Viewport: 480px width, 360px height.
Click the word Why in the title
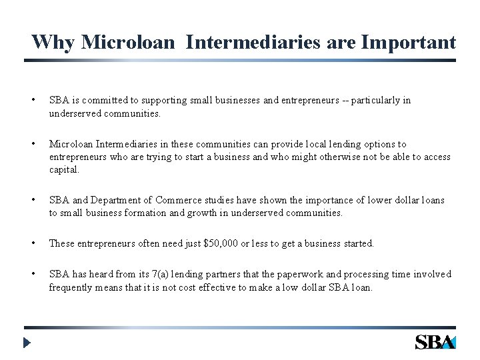coord(53,43)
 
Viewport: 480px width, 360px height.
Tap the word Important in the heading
coord(409,43)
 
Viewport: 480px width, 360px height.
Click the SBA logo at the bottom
coord(435,342)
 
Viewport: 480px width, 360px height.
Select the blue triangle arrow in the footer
coord(27,344)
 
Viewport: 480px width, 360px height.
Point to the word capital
coord(63,170)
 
